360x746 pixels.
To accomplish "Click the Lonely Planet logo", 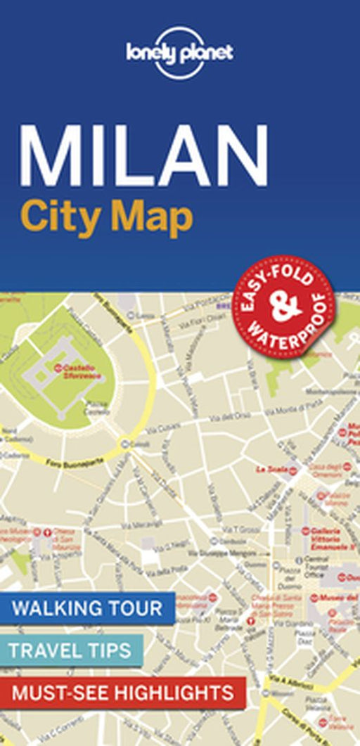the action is click(180, 52).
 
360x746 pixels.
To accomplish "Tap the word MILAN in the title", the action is click(144, 155).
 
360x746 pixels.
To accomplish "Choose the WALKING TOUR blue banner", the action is click(87, 607).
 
